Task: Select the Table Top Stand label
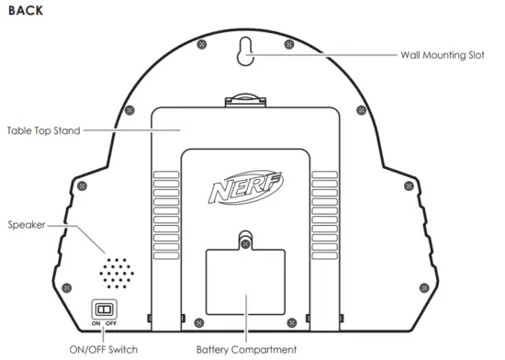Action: pyautogui.click(x=43, y=130)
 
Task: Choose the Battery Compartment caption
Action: pyautogui.click(x=247, y=349)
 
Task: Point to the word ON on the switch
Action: pyautogui.click(x=96, y=323)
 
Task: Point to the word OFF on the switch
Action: pyautogui.click(x=111, y=323)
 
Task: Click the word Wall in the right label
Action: pyautogui.click(x=411, y=55)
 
